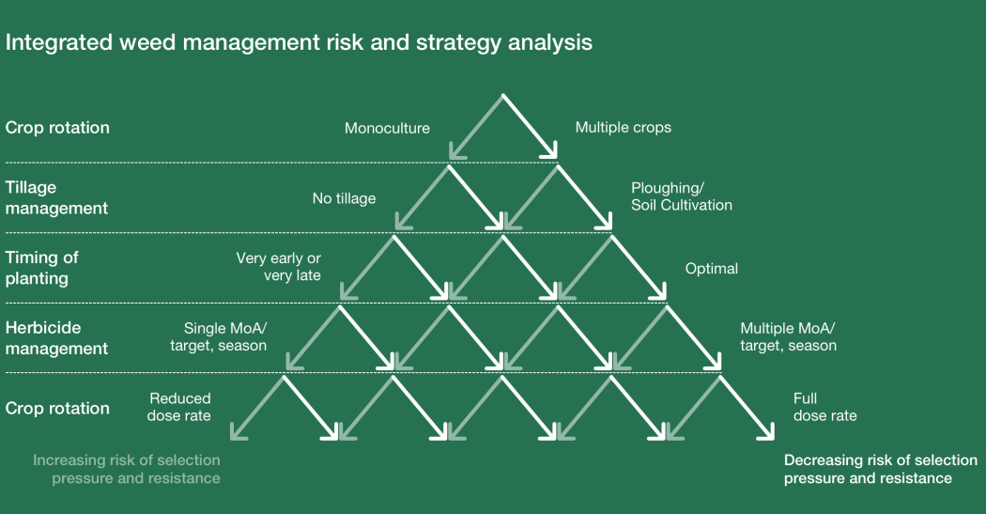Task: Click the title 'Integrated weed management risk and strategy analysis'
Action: tap(300, 42)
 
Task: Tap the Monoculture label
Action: tap(387, 128)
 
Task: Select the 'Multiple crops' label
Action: tap(624, 127)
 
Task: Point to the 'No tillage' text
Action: tap(344, 198)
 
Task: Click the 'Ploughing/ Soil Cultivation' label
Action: tap(681, 196)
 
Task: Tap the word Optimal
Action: tap(711, 269)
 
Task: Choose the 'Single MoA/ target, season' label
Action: tap(218, 336)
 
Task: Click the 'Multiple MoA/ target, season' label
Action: tap(788, 336)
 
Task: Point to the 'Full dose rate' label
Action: tap(824, 407)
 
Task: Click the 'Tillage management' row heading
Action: tap(56, 197)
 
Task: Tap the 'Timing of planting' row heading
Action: tap(42, 267)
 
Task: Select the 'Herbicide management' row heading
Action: tap(56, 337)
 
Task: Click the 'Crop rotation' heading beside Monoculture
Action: tap(57, 128)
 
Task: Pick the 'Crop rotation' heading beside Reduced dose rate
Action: tap(57, 408)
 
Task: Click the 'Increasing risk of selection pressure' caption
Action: tap(127, 469)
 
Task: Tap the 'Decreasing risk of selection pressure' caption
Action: tap(880, 469)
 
